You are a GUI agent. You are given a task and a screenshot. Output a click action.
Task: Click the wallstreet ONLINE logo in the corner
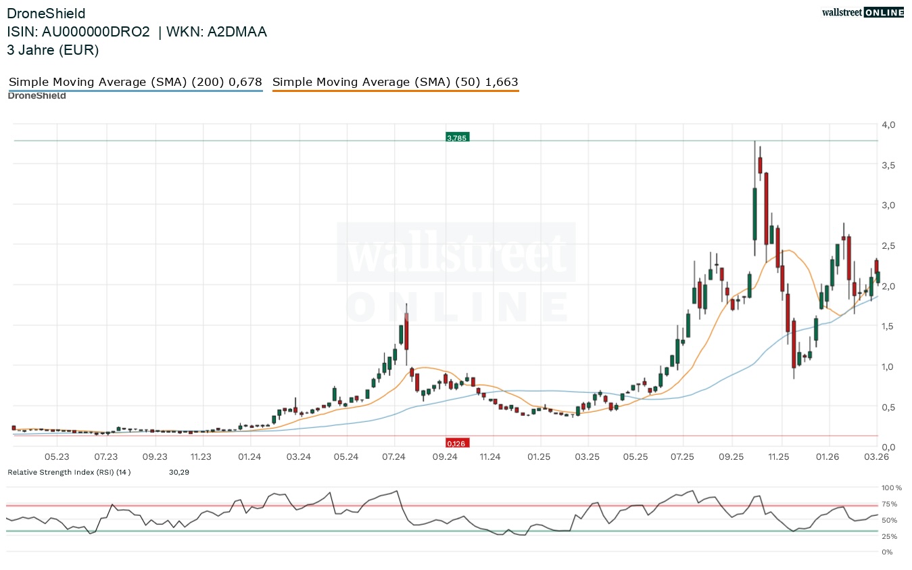862,12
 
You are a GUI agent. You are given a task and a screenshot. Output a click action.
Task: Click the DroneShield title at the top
46,14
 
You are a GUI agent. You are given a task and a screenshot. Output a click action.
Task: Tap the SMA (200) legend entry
135,82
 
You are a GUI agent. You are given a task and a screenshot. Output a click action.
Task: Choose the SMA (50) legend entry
395,82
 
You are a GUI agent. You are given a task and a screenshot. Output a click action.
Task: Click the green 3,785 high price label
457,138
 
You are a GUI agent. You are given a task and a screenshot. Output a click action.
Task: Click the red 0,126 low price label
457,444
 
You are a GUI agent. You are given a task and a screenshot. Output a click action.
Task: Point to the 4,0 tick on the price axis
888,125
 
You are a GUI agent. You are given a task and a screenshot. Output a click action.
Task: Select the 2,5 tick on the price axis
888,245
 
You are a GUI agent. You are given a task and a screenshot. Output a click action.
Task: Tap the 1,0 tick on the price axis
888,366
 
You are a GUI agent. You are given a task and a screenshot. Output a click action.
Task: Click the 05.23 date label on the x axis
57,457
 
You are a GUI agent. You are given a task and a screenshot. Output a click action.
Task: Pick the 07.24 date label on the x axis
393,457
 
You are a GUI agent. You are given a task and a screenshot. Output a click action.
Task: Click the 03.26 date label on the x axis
877,457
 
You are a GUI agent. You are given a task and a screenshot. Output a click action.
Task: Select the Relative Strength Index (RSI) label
69,472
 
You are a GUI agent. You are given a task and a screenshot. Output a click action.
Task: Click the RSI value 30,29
178,472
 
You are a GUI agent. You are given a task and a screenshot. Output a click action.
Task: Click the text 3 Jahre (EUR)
53,50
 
